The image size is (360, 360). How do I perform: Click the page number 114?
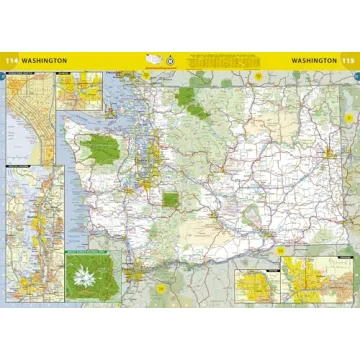coord(12,60)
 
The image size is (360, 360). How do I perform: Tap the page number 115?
coord(348,60)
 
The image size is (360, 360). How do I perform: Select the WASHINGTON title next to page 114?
coord(45,60)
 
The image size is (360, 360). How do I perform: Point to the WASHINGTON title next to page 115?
coord(313,60)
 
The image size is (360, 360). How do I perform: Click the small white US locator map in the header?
coord(153,59)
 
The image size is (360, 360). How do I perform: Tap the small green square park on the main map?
coord(171,199)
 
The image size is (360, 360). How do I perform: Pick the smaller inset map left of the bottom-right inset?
coord(256,284)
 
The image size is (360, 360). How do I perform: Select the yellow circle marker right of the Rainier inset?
coord(161,289)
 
